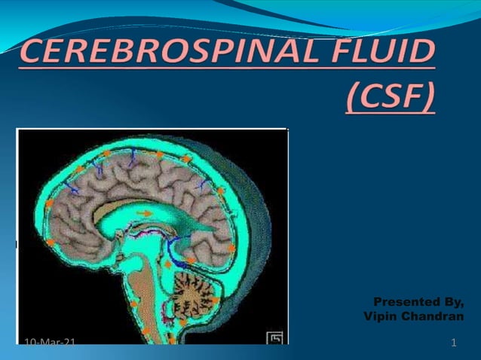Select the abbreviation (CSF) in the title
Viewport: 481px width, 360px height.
(x=391, y=96)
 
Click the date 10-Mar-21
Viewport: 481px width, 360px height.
(x=50, y=344)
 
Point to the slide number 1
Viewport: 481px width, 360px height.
(x=453, y=344)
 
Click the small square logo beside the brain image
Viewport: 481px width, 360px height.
(x=276, y=338)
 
